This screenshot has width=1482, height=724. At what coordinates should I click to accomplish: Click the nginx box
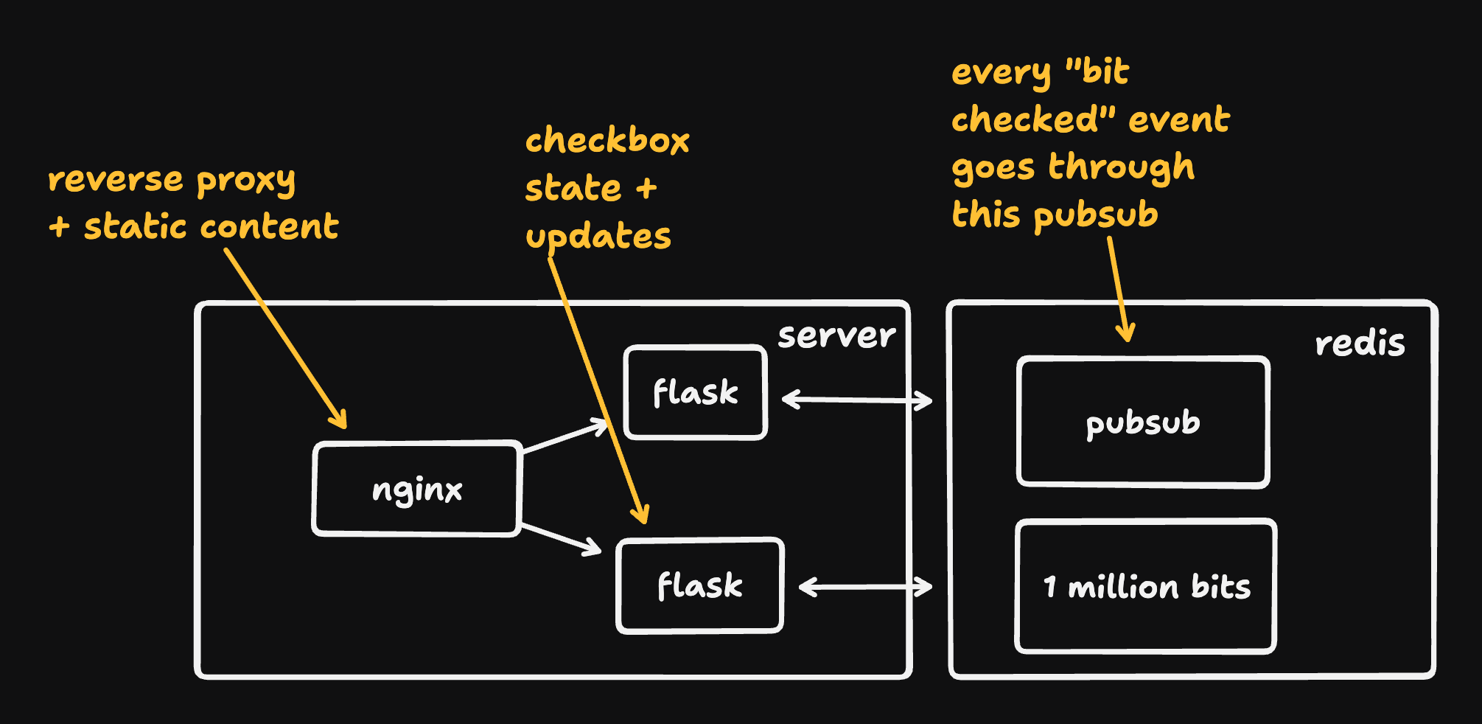tap(417, 489)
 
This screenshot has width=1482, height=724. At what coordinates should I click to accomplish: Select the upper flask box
tap(695, 392)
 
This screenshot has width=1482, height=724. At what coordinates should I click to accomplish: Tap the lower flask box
tap(699, 586)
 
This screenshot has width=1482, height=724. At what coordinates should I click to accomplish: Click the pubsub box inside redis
tap(1142, 422)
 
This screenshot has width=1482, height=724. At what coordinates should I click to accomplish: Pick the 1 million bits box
tap(1146, 587)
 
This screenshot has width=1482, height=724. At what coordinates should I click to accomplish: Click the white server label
tap(836, 335)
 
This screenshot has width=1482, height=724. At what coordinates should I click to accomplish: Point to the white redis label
tap(1360, 344)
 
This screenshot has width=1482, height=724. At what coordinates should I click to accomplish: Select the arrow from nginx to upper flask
tap(565, 436)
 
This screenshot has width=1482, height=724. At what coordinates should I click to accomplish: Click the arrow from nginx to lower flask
tap(562, 539)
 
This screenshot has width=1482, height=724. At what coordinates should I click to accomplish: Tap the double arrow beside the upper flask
tap(857, 400)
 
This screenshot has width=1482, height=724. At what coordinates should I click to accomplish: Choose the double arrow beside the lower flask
tap(865, 587)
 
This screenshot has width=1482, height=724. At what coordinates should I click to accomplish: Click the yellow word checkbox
tap(607, 140)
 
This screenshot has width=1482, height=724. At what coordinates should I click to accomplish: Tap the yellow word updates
tap(598, 237)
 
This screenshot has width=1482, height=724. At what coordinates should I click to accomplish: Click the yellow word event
tap(1178, 119)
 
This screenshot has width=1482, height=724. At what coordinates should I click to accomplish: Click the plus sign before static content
tap(59, 226)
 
